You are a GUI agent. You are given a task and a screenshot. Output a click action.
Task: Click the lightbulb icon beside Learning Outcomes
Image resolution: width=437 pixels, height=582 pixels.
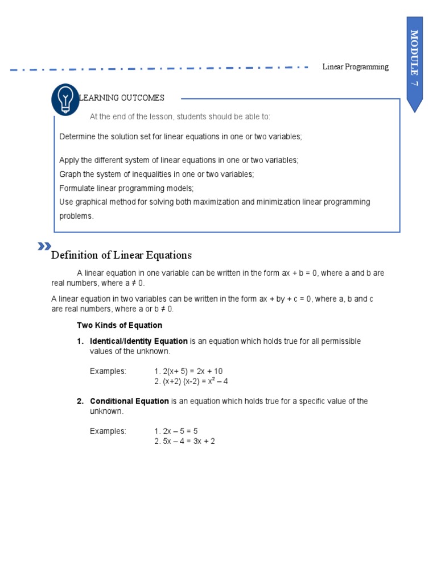tap(65, 99)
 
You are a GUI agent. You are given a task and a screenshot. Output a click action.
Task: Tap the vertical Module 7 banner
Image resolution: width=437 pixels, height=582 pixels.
tap(414, 63)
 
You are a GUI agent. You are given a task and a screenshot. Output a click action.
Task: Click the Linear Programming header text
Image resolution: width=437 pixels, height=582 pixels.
tap(355, 67)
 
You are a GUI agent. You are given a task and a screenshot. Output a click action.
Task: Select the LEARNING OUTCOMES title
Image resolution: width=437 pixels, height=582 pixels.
tap(122, 98)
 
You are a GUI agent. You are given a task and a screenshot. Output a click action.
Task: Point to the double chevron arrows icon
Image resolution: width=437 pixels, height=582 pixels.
tap(44, 246)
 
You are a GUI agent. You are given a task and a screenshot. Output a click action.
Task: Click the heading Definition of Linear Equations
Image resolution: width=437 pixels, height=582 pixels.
tap(121, 255)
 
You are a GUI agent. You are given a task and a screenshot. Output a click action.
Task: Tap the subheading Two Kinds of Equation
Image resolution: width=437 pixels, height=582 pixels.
tap(119, 326)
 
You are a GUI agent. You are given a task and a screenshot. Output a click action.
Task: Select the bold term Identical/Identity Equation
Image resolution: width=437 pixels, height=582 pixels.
tap(139, 341)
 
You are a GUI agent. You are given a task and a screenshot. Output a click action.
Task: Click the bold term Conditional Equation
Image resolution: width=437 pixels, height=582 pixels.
tap(129, 401)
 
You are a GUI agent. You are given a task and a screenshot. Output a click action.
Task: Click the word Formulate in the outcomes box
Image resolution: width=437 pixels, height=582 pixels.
tap(77, 188)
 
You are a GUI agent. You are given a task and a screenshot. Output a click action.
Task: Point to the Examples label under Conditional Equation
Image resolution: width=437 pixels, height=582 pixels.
tap(108, 431)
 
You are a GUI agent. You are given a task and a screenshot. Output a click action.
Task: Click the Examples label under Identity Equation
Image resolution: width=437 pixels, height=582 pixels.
tap(108, 371)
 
